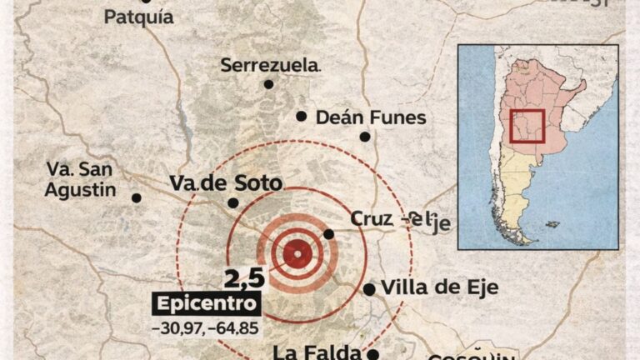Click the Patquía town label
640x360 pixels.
[138, 17]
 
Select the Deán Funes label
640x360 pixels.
[370, 117]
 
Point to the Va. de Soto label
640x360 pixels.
[226, 182]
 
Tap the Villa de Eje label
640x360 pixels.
[439, 288]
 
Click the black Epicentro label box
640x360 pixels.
[204, 303]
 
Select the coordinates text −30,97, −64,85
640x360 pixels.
[204, 327]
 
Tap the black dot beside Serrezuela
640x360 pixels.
[268, 84]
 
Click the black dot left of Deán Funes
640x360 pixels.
[301, 117]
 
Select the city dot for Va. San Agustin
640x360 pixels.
[137, 197]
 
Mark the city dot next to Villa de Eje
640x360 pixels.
[368, 289]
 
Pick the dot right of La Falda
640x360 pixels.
[373, 353]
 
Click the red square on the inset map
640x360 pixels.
[527, 126]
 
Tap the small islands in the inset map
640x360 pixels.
[551, 223]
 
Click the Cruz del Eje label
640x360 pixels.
[399, 219]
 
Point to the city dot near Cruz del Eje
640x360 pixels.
[328, 234]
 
